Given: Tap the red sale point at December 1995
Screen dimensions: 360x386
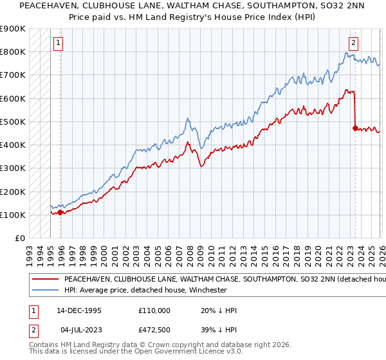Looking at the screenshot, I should [x=60, y=212].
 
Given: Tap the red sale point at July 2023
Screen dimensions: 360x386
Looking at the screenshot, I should [x=355, y=128].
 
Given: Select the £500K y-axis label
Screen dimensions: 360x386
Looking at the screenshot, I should [x=13, y=122].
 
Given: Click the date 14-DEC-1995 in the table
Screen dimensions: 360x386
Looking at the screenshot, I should [x=78, y=310].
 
